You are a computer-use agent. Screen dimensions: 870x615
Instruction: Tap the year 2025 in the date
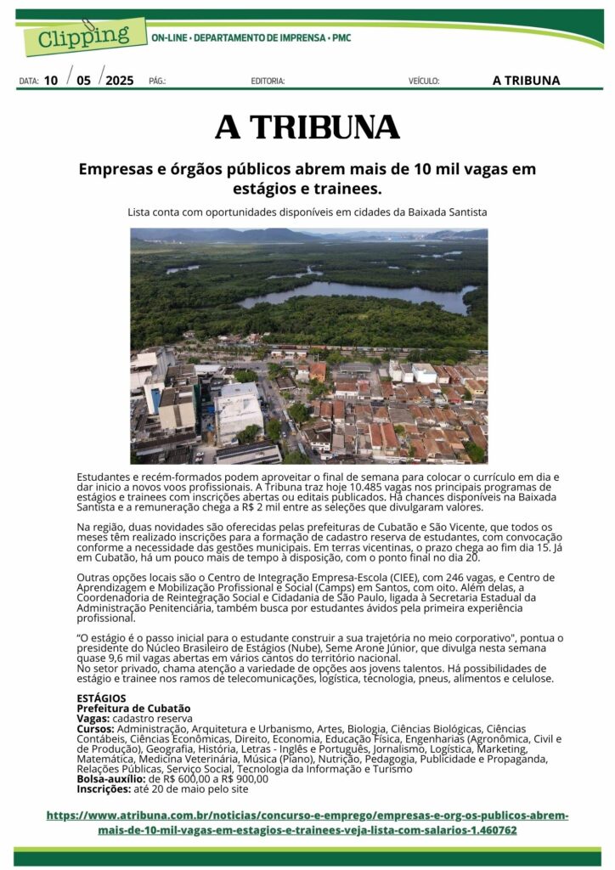119,81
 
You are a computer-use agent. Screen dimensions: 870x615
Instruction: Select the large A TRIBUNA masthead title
307,127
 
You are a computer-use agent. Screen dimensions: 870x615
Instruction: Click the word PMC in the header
341,38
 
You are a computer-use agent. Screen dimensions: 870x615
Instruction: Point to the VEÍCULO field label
423,82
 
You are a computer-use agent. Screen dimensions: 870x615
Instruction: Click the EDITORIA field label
268,82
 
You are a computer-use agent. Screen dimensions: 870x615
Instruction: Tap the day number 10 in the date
51,81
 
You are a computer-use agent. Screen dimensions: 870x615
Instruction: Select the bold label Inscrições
103,788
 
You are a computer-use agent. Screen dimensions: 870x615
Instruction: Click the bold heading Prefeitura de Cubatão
133,708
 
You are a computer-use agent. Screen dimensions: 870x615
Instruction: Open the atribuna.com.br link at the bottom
307,822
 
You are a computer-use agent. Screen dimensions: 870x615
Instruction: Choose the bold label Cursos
95,728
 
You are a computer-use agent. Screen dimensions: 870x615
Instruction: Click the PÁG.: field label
157,82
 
